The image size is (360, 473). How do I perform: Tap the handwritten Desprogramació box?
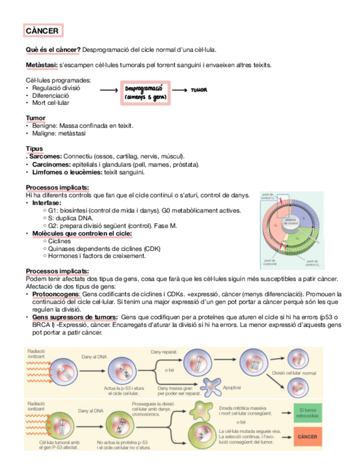click(x=144, y=93)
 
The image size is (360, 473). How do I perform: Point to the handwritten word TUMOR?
click(x=199, y=90)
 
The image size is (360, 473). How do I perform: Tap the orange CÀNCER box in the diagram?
click(x=307, y=436)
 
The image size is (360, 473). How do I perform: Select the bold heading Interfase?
click(x=47, y=203)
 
